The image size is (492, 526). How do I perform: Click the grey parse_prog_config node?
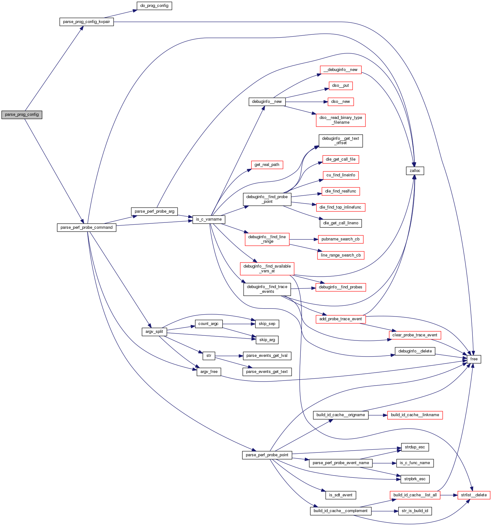click(22, 115)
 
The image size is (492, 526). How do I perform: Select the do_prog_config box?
click(154, 6)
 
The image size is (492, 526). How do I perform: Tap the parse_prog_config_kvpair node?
click(86, 22)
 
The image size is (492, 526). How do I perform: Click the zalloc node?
click(415, 171)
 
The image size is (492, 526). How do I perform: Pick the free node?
click(474, 359)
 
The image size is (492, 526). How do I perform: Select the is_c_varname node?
click(209, 219)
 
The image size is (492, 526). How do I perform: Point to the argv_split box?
click(154, 332)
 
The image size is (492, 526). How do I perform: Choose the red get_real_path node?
click(267, 165)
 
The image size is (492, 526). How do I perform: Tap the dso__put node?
click(341, 86)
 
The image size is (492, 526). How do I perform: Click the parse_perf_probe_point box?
click(267, 455)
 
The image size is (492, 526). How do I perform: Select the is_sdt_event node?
click(341, 495)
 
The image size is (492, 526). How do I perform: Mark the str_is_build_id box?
click(415, 511)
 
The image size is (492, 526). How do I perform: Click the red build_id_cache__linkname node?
click(415, 415)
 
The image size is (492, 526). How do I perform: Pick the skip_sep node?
click(267, 324)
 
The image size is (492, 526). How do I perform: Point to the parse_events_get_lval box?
click(267, 356)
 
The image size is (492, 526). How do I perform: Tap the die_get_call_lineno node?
click(341, 223)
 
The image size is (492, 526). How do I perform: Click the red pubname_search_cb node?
click(340, 239)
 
